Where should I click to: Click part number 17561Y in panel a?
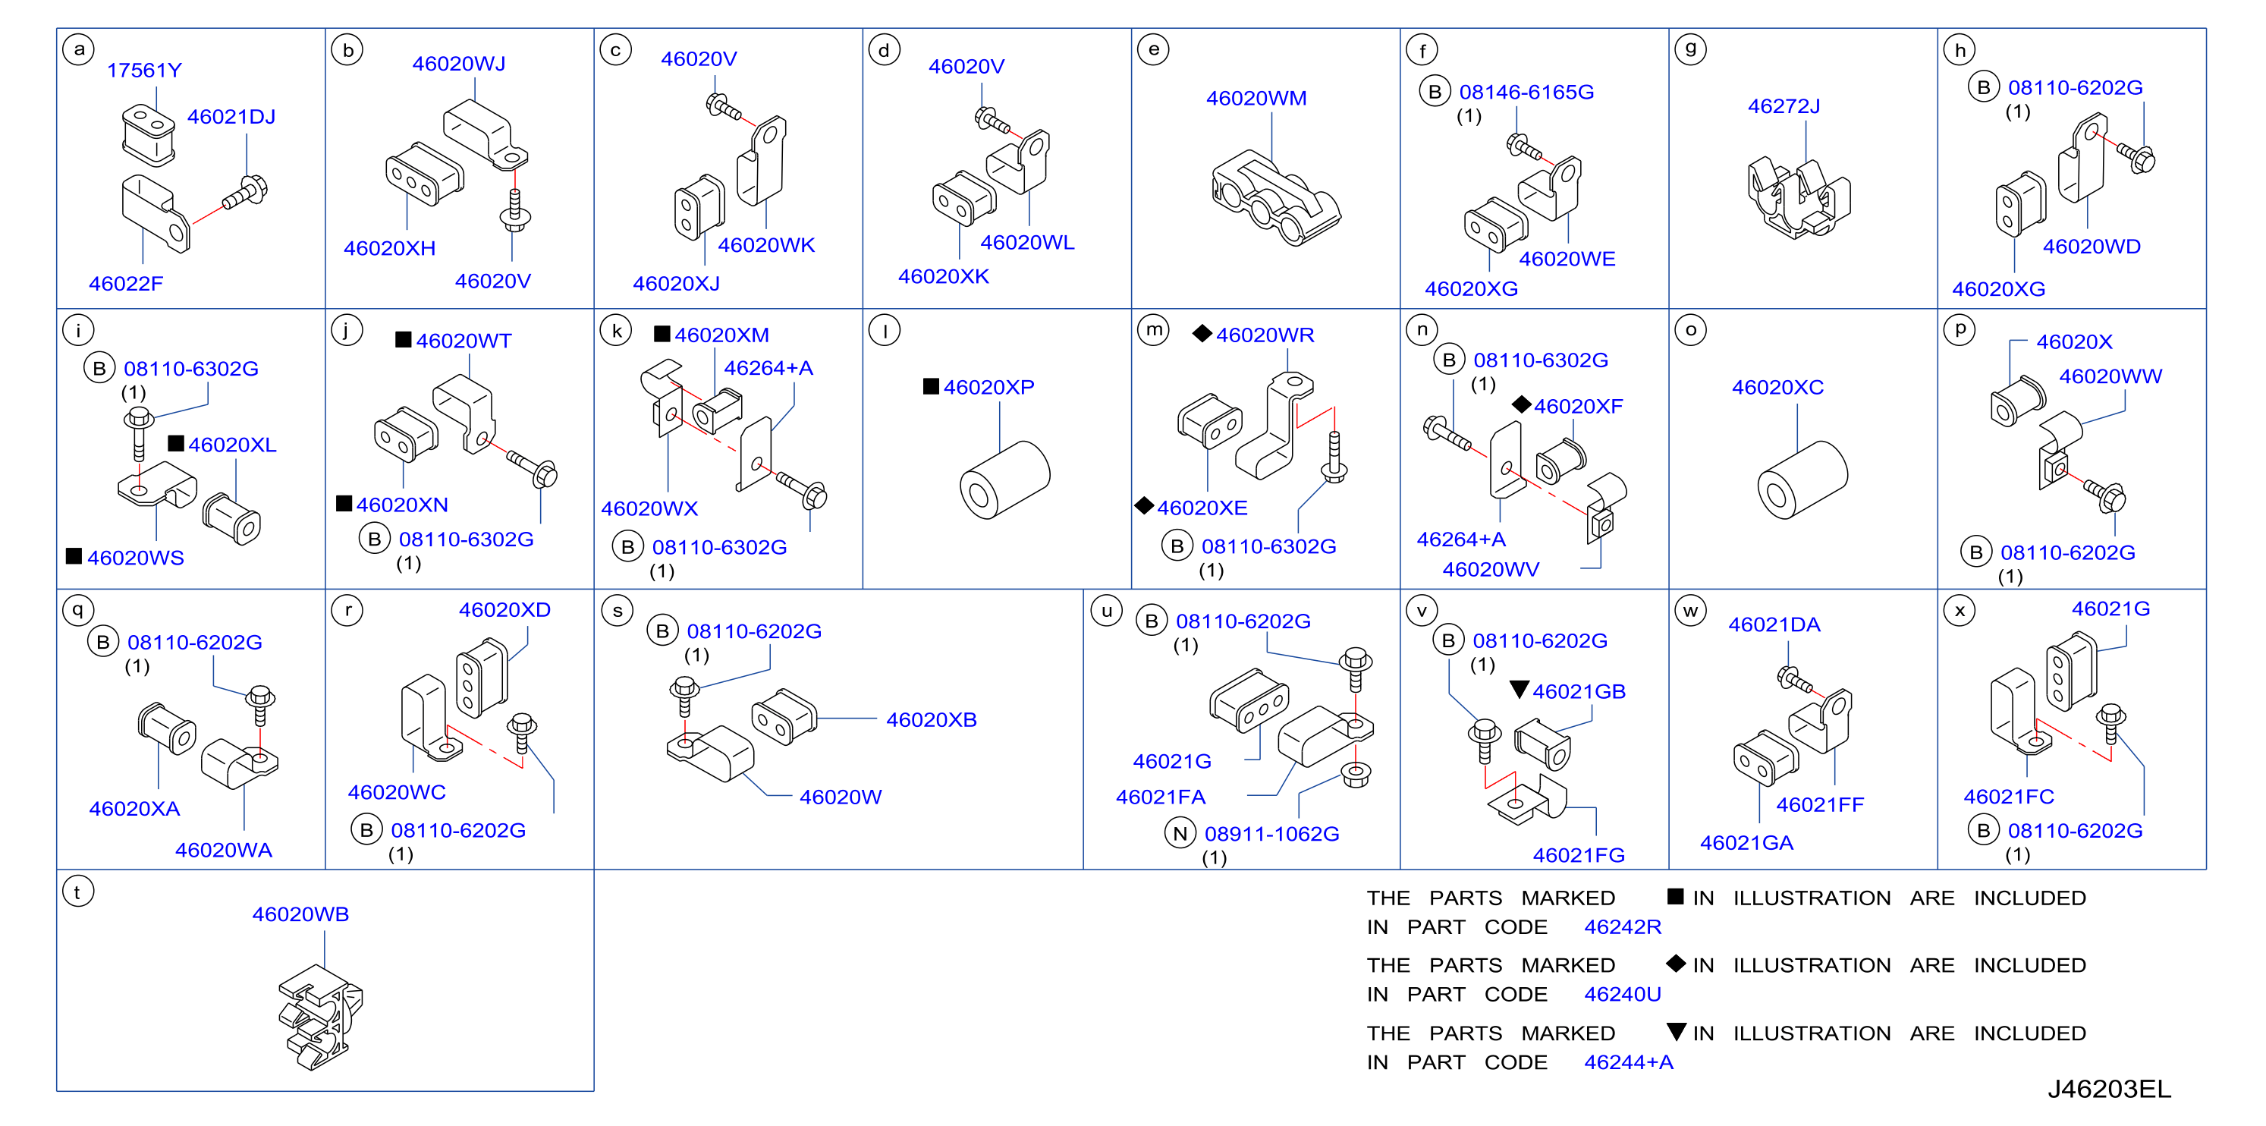pos(144,71)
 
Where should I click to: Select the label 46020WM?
pos(1256,98)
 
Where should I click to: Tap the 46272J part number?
pos(1784,105)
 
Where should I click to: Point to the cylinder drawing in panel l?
pos(1004,480)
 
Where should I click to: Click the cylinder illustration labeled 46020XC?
pos(1802,480)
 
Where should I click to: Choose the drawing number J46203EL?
pos(2110,1089)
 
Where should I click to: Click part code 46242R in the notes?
pos(1623,926)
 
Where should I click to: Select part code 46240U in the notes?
pos(1623,994)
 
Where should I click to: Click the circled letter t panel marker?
pos(78,892)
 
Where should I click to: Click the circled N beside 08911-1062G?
pos(1180,833)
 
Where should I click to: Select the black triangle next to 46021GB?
pos(1520,690)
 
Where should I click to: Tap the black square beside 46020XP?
pos(931,386)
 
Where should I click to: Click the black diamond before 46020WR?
pos(1202,333)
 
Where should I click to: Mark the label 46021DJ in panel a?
pos(231,117)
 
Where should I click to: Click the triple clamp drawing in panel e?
pos(1275,199)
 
